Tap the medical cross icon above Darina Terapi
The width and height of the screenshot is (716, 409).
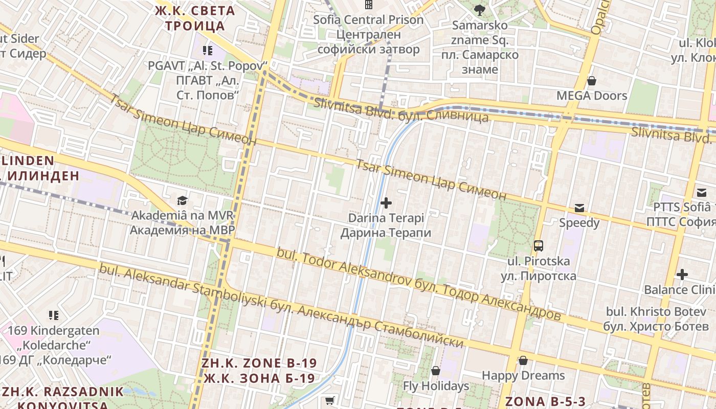pos(386,203)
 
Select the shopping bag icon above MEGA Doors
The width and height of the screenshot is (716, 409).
pos(592,81)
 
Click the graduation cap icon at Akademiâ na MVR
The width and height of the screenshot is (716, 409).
pos(182,200)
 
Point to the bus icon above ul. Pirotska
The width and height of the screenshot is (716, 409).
pos(539,246)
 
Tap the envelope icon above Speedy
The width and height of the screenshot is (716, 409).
pos(579,208)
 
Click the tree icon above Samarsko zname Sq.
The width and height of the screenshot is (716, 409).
pos(479,10)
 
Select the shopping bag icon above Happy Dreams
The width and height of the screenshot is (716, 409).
pos(523,360)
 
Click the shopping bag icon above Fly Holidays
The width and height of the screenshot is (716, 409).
pos(436,371)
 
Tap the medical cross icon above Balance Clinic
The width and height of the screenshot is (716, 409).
pos(682,275)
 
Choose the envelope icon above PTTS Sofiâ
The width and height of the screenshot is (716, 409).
pos(701,193)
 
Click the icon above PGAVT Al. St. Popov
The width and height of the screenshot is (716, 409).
pos(207,50)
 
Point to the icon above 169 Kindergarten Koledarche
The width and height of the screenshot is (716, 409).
pos(54,315)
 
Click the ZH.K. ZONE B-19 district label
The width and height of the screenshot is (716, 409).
pos(259,371)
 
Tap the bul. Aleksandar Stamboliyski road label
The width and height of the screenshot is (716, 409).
pos(281,306)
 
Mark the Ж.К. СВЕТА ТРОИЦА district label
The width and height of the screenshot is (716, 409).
pos(195,18)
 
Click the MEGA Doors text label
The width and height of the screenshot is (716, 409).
pos(592,96)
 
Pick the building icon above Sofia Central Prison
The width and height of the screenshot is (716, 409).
pos(368,5)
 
